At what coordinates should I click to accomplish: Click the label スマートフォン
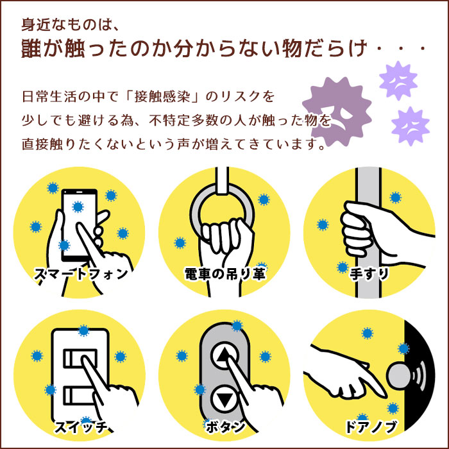(x=80, y=275)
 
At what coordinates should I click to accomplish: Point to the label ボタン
(x=224, y=426)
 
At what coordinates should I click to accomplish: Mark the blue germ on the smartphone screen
(x=78, y=207)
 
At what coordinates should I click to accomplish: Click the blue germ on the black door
(x=403, y=348)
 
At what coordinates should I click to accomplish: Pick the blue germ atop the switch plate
(x=83, y=330)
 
